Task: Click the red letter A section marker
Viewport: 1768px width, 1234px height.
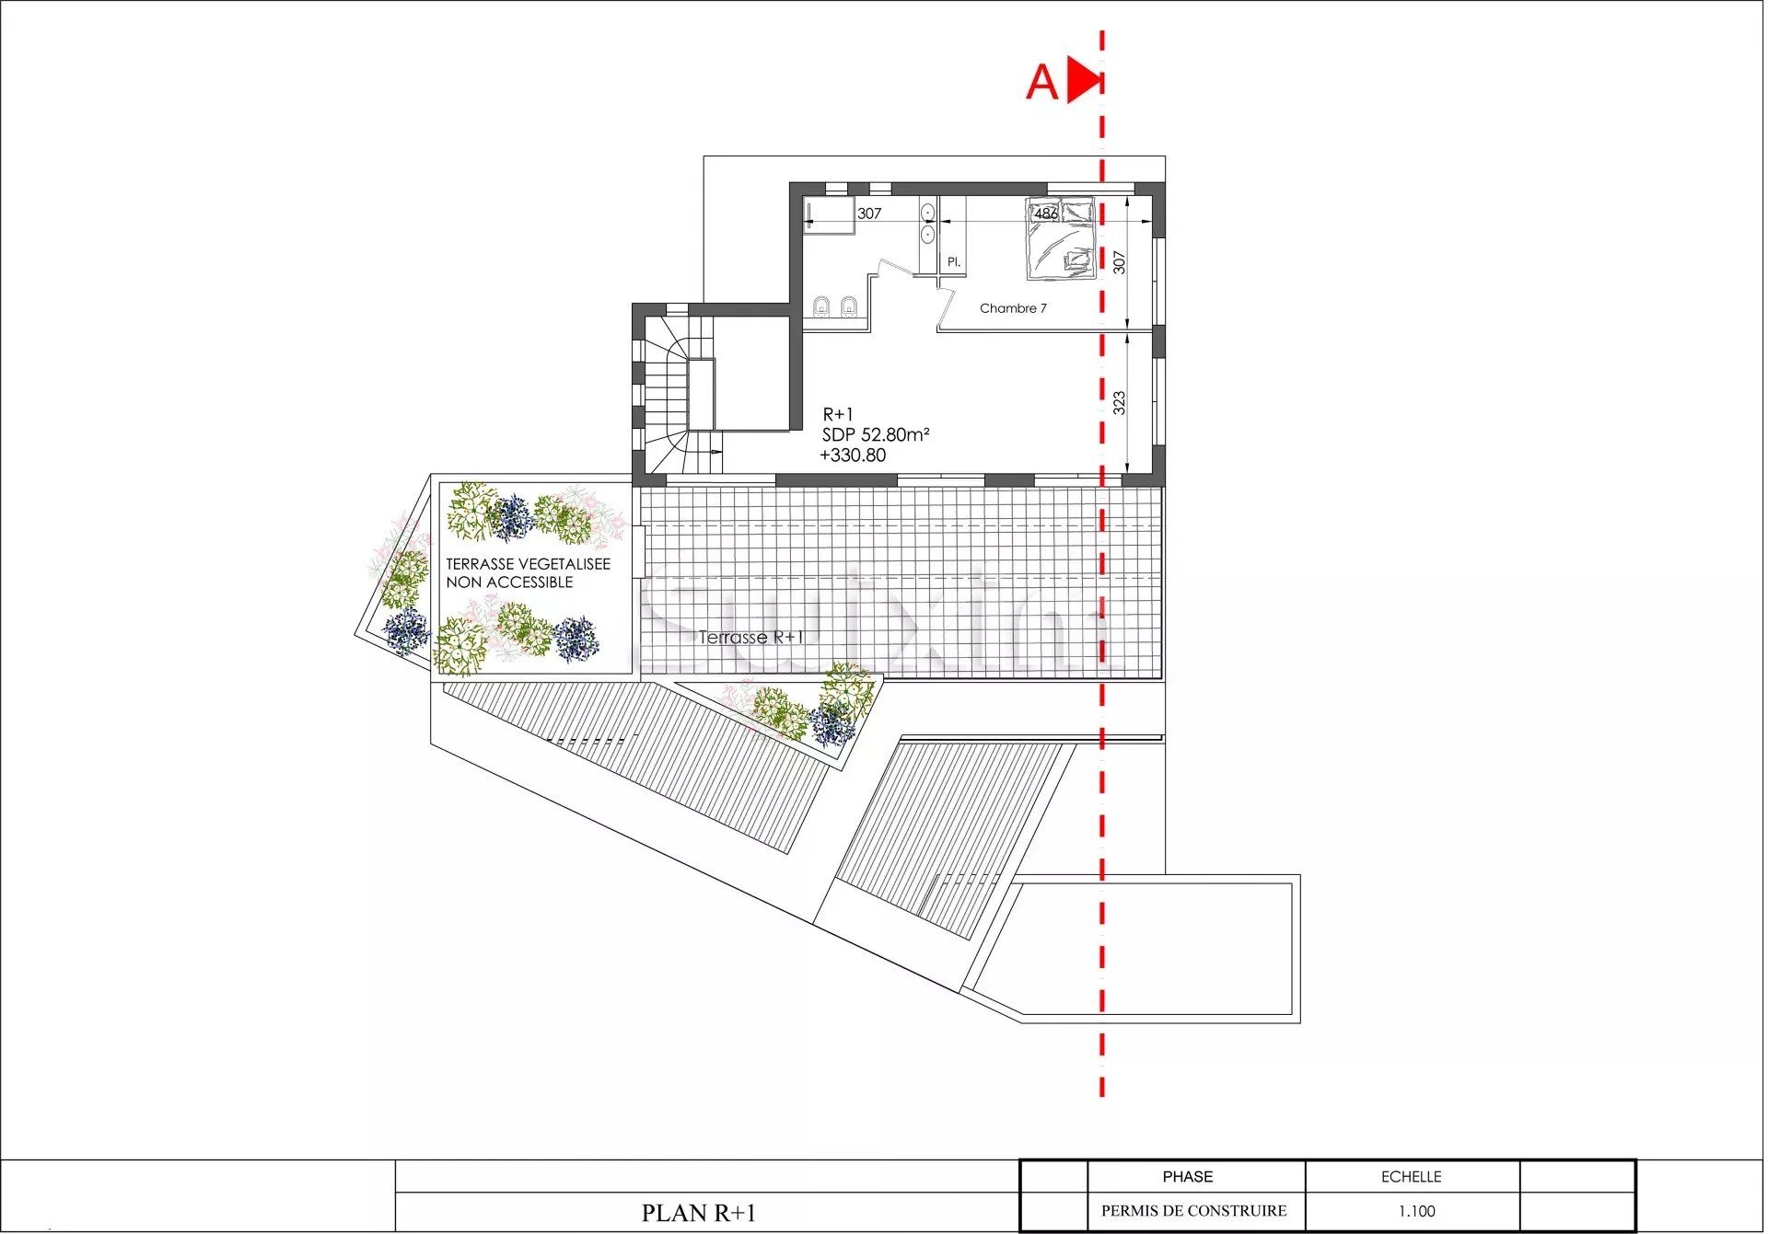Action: [1041, 83]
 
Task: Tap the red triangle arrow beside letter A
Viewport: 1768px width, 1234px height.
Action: [1083, 80]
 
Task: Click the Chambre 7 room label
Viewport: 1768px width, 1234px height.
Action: [1013, 308]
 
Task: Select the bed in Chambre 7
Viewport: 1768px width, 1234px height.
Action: [1061, 238]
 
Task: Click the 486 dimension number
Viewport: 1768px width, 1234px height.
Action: [1045, 213]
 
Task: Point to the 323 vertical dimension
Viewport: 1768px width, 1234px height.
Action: [1119, 402]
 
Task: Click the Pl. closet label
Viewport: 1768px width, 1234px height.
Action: [954, 262]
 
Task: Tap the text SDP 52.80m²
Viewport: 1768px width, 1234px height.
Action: [875, 434]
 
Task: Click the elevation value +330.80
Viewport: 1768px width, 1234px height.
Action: [853, 456]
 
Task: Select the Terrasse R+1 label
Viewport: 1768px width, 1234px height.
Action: [751, 637]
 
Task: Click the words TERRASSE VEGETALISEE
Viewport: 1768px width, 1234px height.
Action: [528, 564]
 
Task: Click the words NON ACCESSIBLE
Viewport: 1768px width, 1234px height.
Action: [509, 582]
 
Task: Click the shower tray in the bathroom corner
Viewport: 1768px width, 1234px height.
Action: [827, 216]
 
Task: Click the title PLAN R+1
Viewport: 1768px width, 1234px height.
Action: [698, 1213]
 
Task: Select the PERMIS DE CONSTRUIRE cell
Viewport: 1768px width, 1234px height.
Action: [1193, 1211]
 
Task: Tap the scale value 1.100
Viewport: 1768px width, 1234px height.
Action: [1415, 1211]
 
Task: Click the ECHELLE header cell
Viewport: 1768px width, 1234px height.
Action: [1411, 1177]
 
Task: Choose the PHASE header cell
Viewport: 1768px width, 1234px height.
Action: [1187, 1177]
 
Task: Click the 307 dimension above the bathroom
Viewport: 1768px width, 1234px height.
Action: [869, 213]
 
